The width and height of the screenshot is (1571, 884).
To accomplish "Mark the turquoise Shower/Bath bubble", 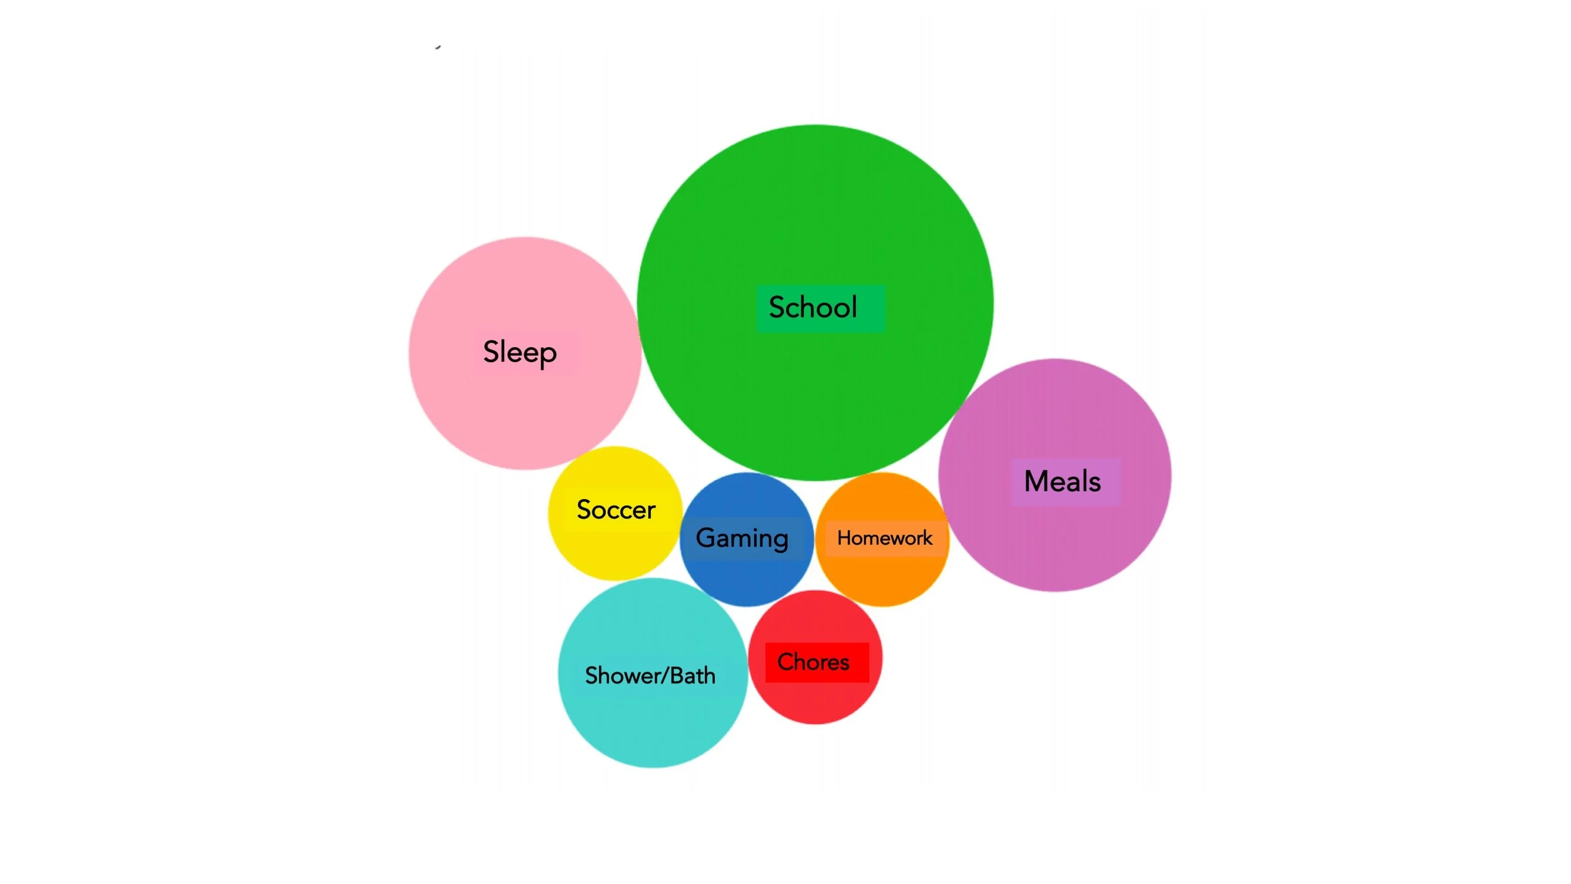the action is tap(652, 723).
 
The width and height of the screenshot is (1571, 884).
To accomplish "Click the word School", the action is tap(813, 307).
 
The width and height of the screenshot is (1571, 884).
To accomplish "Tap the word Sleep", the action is tap(520, 352).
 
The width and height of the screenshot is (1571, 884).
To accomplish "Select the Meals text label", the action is tap(1062, 482).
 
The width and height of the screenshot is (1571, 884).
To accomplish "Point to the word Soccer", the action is tap(616, 510).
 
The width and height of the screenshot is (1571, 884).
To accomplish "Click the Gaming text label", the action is tap(742, 538).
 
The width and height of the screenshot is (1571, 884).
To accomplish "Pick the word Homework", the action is tap(884, 538).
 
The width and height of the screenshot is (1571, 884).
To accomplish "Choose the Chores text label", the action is tap(813, 662).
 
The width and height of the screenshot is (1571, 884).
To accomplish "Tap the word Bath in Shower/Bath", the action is tap(692, 676).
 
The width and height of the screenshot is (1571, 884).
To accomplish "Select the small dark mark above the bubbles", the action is tap(438, 47).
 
